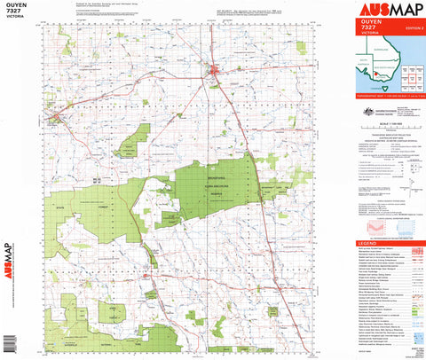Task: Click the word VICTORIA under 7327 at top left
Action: (x=16, y=22)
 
